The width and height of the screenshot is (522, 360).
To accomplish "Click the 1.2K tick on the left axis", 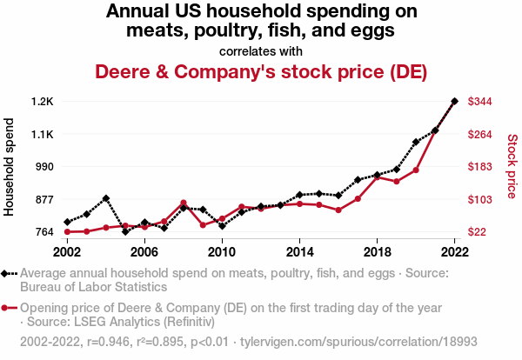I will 41,102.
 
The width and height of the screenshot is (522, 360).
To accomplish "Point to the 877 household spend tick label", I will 43,199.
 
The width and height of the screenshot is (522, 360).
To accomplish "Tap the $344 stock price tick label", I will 481,102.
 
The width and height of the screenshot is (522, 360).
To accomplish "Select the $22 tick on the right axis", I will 478,232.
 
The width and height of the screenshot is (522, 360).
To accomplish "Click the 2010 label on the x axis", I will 222,251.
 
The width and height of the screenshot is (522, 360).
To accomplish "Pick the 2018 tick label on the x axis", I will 377,251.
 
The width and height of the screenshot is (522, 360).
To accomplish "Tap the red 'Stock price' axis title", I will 512,165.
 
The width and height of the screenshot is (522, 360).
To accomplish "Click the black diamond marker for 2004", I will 106,198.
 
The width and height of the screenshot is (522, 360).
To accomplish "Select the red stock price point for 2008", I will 184,203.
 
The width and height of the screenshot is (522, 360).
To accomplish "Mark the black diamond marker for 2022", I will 454,101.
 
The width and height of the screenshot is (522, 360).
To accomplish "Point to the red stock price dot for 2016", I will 338,210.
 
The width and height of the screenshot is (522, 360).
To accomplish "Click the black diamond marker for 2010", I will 222,226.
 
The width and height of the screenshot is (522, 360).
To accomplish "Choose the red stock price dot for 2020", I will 416,170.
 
